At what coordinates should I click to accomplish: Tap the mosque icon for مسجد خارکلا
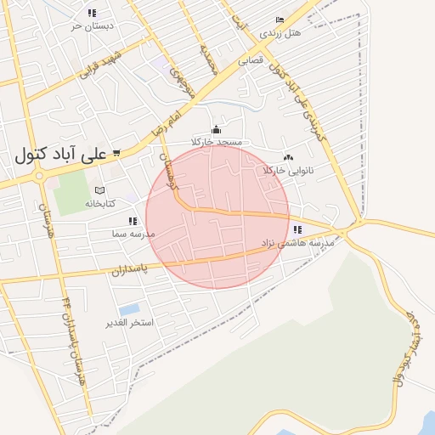coord(216,129)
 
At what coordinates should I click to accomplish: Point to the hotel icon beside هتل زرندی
coord(280,20)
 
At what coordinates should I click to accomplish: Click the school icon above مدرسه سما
coord(132,221)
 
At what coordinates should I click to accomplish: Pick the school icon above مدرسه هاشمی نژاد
coord(297,229)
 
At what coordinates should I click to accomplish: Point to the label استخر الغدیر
coord(128,324)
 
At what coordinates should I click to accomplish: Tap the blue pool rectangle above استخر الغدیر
coord(130,309)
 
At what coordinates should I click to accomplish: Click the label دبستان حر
coord(92,25)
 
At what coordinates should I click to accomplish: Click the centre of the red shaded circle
coord(217,217)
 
